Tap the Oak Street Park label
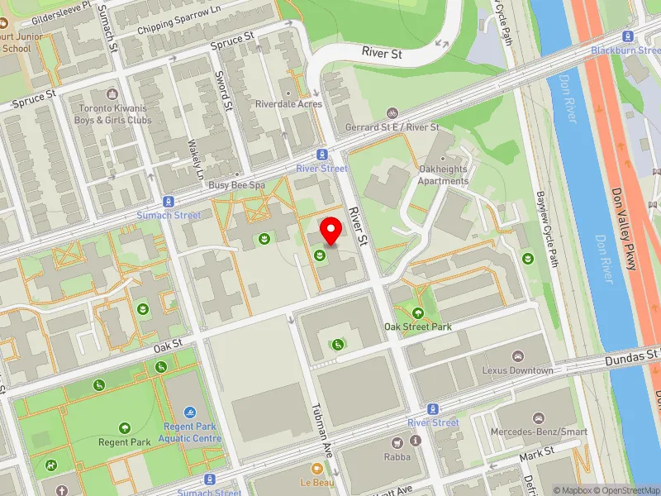pos(417,327)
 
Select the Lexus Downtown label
pos(517,370)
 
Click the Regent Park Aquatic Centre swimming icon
pos(191,412)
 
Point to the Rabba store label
pos(397,455)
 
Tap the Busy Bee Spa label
pos(236,186)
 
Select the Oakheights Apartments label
pos(443,175)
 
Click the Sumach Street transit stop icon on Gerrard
pos(169,202)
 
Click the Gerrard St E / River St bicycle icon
pos(393,113)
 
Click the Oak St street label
pos(166,342)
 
